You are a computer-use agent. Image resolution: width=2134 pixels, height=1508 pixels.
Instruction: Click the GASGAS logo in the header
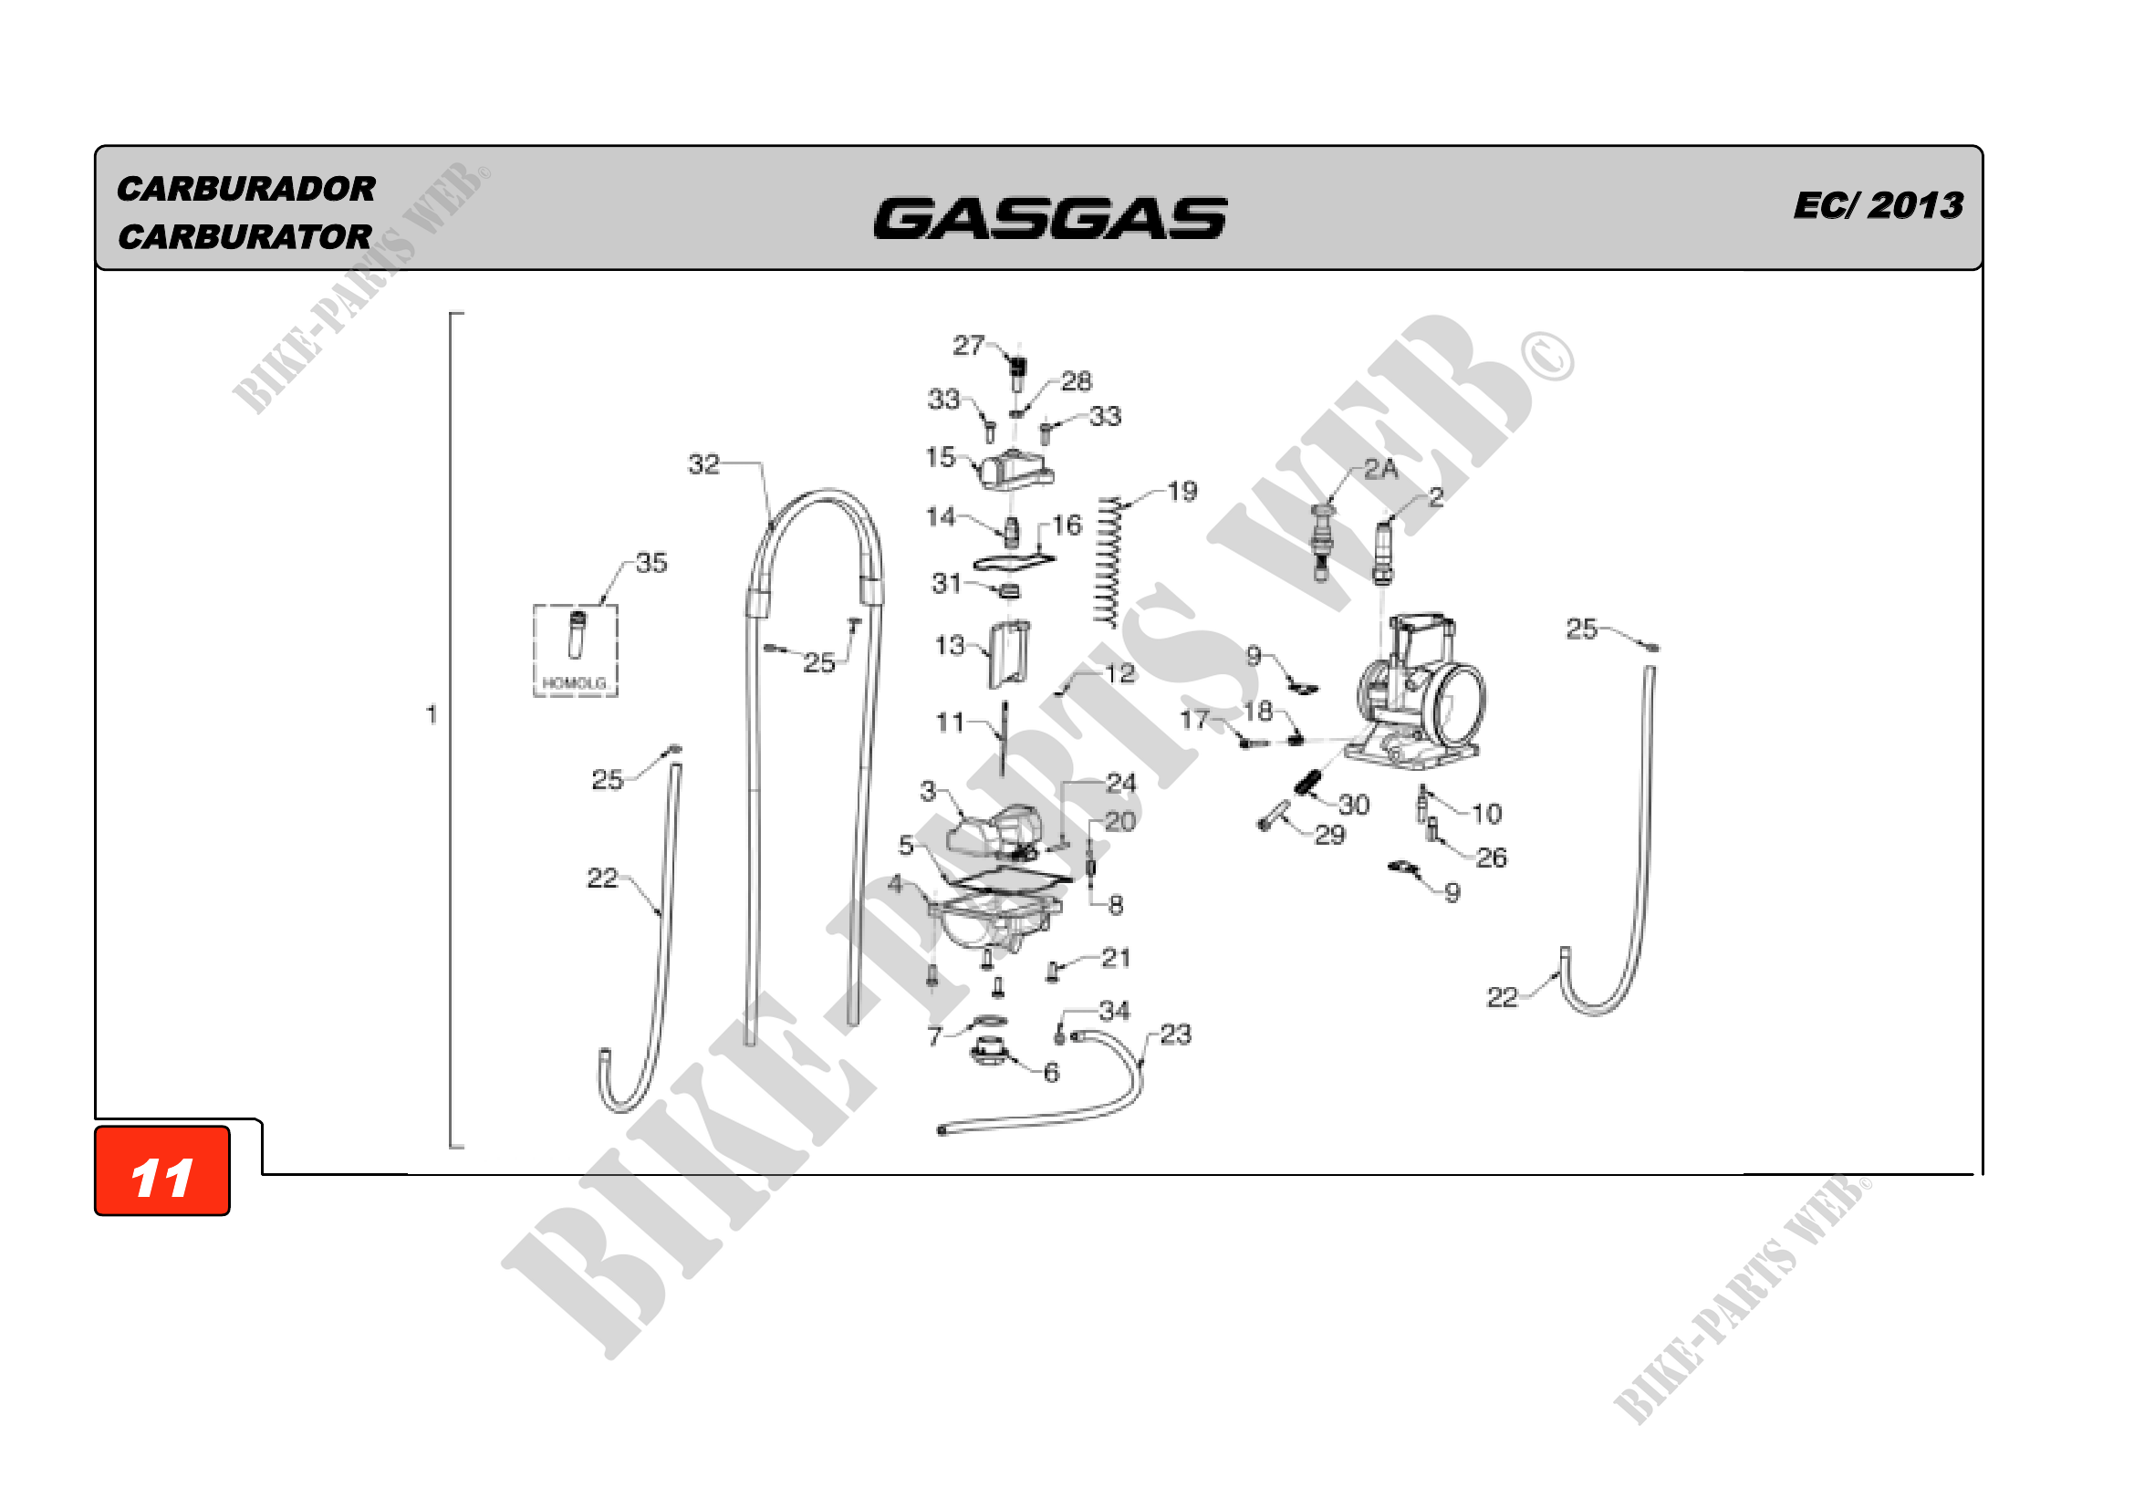tap(1049, 219)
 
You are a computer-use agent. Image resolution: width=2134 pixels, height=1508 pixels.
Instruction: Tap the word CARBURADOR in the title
tap(246, 189)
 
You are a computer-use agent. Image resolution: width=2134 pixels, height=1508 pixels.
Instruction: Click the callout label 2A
tap(1380, 469)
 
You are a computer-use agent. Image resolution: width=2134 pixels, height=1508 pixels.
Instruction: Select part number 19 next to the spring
tap(1182, 491)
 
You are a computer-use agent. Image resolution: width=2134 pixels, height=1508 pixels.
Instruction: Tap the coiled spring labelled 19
tap(1108, 562)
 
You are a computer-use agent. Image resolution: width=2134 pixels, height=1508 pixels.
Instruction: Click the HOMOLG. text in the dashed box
tap(575, 683)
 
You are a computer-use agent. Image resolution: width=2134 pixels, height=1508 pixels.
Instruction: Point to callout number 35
tap(651, 562)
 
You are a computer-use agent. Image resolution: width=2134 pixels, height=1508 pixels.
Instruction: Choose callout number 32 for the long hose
tap(703, 463)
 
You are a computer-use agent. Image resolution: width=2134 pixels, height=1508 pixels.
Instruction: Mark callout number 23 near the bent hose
tap(1175, 1035)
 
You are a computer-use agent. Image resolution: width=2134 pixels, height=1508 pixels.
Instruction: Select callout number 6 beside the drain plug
tap(1051, 1073)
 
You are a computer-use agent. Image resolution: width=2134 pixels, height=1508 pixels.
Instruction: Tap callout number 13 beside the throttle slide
tap(949, 645)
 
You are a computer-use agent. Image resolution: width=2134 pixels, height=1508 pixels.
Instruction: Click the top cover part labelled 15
tap(1014, 470)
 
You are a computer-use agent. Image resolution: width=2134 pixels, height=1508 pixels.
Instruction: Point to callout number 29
tap(1329, 835)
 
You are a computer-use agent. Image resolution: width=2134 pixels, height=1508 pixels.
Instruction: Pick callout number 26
tap(1491, 858)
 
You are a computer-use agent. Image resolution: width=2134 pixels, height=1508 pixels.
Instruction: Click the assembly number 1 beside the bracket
tap(432, 714)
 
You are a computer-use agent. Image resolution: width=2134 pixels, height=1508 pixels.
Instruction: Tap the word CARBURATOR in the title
tap(245, 237)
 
